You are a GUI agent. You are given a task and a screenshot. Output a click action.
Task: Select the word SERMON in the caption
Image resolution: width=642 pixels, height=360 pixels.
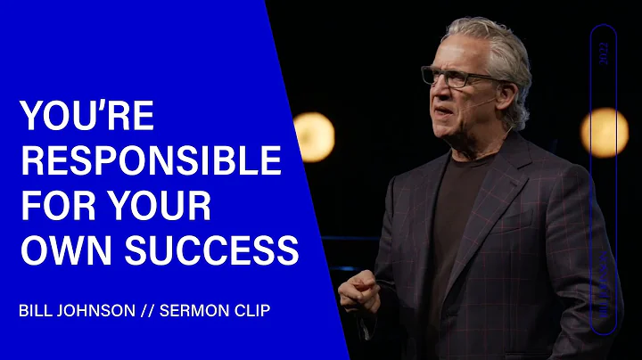pyautogui.click(x=193, y=314)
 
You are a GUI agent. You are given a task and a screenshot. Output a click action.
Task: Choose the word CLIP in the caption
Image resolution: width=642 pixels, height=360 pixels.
pyautogui.click(x=255, y=314)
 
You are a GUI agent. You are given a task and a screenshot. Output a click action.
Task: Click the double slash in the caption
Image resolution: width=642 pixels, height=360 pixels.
pyautogui.click(x=149, y=314)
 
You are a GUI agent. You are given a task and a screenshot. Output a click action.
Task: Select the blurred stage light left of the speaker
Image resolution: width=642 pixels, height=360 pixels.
pyautogui.click(x=314, y=135)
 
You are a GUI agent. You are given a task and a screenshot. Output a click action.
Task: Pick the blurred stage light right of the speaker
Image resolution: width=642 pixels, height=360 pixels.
pyautogui.click(x=605, y=132)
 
